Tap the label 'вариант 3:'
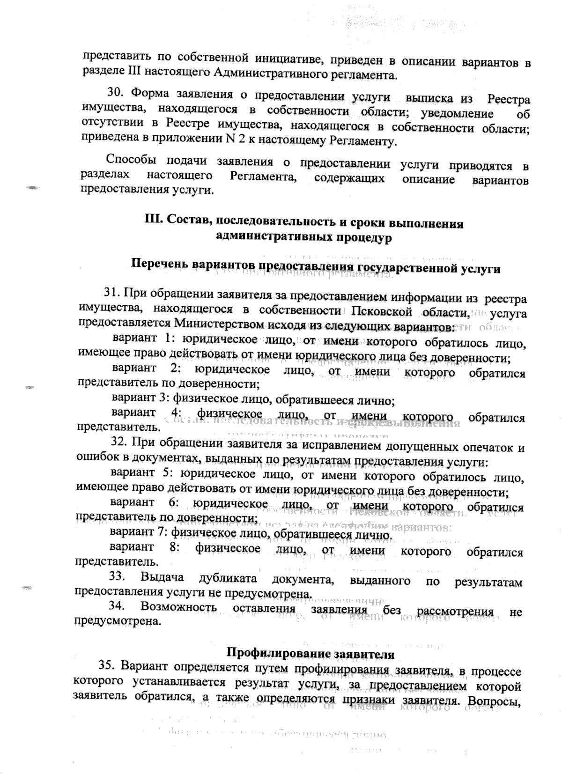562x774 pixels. pyautogui.click(x=140, y=399)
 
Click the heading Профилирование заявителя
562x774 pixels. pyautogui.click(x=310, y=653)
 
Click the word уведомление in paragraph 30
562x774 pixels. pyautogui.click(x=457, y=114)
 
